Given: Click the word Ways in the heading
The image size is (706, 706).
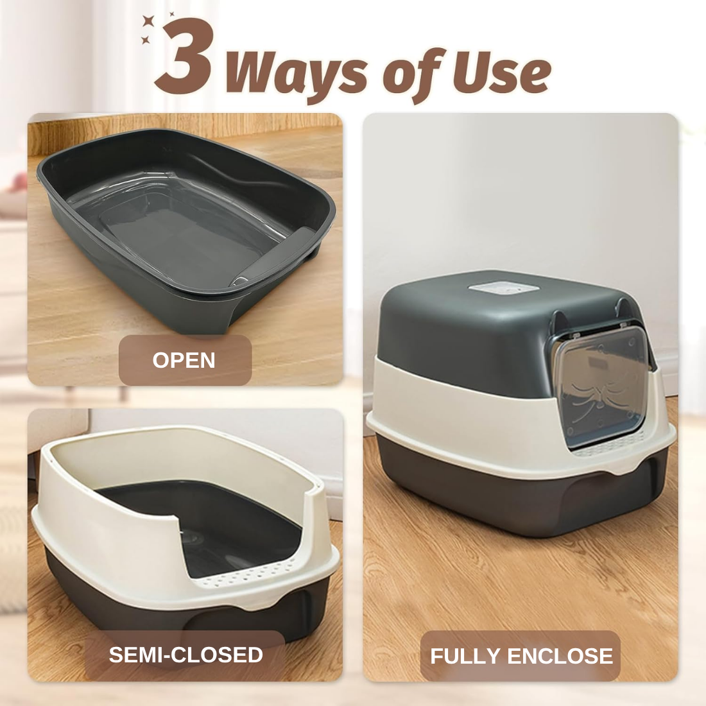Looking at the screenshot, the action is tap(295, 74).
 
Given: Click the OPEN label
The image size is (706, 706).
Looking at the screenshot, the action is tap(184, 360).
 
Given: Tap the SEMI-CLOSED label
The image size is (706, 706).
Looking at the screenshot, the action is tap(185, 655).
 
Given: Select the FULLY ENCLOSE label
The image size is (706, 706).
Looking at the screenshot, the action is tap(521, 656).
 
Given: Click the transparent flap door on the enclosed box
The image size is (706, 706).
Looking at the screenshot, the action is tap(601, 385).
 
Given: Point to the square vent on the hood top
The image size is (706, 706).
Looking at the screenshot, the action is tap(504, 288).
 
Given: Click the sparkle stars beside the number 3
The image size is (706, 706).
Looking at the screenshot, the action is tap(153, 27).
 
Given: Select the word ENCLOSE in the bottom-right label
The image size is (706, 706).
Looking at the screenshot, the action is tap(560, 656).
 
